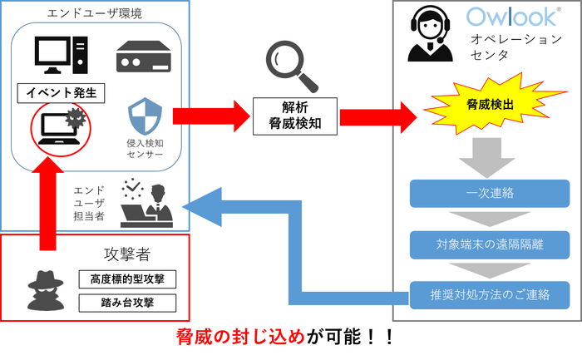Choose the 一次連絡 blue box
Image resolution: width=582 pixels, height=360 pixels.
click(x=491, y=194)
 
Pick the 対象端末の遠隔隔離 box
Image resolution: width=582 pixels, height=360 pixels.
click(x=491, y=244)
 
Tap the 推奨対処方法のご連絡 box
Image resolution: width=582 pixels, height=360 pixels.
click(x=491, y=294)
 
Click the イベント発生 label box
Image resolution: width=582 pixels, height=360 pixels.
click(x=62, y=92)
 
